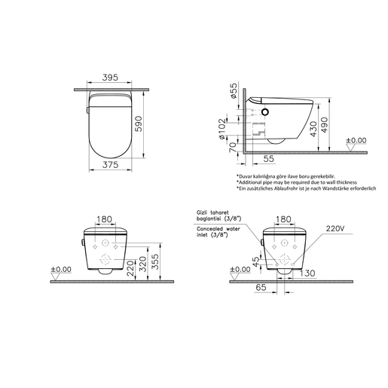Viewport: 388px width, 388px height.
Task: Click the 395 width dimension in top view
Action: click(110, 78)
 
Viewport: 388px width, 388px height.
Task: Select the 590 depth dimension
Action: click(138, 124)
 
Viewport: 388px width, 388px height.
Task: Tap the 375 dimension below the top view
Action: click(110, 165)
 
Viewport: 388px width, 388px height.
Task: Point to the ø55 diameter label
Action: click(234, 90)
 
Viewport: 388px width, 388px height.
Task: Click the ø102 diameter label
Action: click(222, 129)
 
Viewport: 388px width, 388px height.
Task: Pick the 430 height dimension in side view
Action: click(313, 129)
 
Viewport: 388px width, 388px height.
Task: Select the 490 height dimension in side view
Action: click(324, 125)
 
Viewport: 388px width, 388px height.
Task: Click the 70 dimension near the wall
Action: click(234, 147)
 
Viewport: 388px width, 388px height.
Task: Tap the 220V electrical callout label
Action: click(335, 228)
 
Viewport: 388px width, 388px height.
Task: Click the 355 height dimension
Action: click(155, 261)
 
